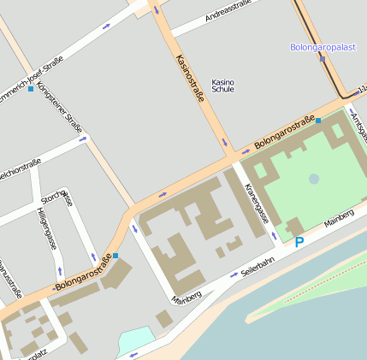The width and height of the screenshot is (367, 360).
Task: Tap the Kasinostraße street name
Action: click(x=189, y=79)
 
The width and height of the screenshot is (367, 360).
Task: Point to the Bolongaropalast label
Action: click(x=321, y=47)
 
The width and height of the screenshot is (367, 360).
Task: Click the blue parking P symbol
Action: click(x=299, y=243)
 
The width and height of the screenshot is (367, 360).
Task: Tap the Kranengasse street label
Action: click(x=257, y=202)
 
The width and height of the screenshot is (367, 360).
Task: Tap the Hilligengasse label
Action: click(x=46, y=228)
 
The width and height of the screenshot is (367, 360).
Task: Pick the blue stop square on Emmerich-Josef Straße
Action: click(x=31, y=89)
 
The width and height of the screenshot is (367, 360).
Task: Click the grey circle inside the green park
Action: click(x=314, y=179)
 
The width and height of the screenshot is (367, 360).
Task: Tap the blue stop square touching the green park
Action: click(x=318, y=121)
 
